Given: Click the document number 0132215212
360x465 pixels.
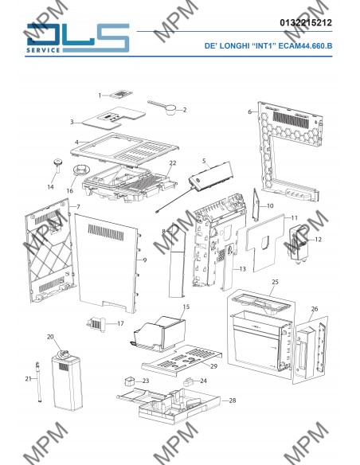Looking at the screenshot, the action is pos(306,22).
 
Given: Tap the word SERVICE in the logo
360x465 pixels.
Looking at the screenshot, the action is pos(43,50).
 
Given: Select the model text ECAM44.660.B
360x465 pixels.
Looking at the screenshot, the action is pos(305,45).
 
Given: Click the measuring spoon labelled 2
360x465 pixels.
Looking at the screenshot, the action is pos(162,107).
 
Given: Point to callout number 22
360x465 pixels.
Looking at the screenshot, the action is pos(173,162).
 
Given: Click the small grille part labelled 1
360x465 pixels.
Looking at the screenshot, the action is pos(121,94).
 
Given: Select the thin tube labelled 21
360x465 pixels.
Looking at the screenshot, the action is pos(38,382).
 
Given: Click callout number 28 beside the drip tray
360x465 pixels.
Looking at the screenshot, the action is pos(233,401).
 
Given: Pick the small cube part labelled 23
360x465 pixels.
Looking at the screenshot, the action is pos(129,381).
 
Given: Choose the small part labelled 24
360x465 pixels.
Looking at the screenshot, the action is pos(189,381).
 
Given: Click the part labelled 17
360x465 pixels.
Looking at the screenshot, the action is pos(96,324).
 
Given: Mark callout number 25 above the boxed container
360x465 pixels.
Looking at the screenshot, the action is pos(275,282).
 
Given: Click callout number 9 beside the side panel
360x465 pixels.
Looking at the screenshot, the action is pos(145,260).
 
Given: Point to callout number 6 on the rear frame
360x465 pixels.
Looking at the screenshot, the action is pos(249,111).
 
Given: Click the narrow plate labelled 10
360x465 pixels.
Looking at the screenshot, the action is pos(256,205).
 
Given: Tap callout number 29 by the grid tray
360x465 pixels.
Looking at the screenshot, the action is pos(213,366).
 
